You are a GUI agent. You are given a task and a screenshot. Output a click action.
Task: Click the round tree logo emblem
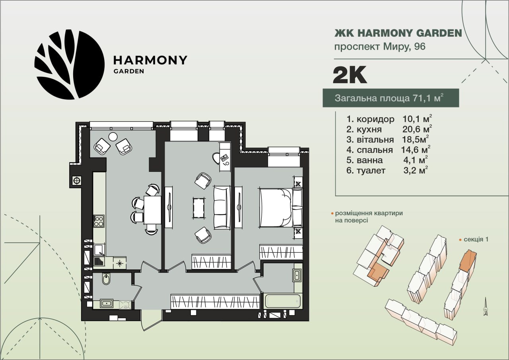coord(70,64)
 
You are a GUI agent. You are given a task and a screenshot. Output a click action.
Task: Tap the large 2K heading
coord(350,75)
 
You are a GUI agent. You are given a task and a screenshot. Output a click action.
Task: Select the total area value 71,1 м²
coord(427,98)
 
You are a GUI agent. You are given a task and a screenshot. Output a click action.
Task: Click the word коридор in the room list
coord(375,119)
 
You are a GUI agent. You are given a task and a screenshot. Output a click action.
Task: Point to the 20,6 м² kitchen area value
coord(417,129)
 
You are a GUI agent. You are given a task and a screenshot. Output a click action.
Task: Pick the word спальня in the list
coord(375,150)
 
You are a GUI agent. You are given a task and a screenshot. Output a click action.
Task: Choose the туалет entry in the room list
coord(366,171)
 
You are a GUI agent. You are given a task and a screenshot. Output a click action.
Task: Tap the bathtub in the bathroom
coord(283,301)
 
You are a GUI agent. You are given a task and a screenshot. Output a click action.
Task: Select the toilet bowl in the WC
coord(106,279)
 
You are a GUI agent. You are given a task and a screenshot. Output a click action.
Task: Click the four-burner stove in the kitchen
coord(99,221)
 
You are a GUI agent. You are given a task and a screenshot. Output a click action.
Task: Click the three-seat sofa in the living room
coord(222,207)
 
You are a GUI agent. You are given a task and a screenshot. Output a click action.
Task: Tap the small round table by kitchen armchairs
coord(113,136)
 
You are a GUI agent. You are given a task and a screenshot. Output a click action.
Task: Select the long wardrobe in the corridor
coord(215,302)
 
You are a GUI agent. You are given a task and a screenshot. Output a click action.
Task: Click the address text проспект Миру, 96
coord(380,47)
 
